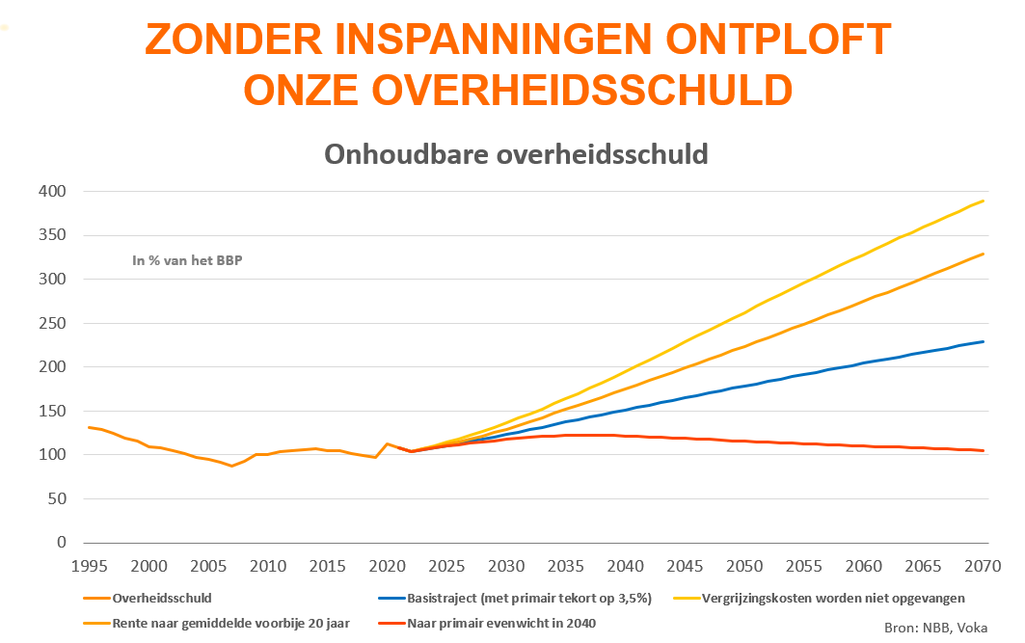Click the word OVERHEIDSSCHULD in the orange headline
point(581,90)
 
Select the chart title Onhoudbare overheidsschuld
point(516,154)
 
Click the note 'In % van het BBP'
point(187,259)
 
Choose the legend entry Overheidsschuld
point(162,598)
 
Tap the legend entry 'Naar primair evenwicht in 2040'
point(501,623)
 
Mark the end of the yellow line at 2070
point(984,201)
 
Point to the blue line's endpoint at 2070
point(984,341)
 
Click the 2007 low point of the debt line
point(231,467)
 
